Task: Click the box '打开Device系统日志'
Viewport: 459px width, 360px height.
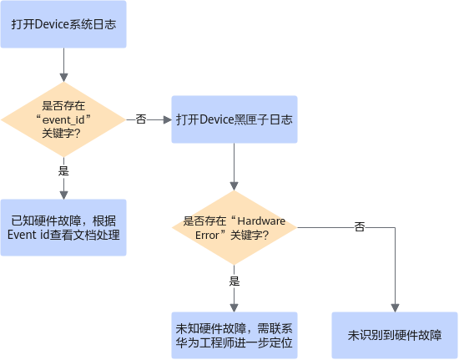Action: tap(63, 24)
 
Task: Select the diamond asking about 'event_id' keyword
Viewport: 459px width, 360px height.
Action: tap(63, 119)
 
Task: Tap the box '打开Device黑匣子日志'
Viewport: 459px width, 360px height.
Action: tap(235, 119)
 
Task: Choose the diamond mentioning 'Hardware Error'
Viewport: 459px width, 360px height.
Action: tap(235, 227)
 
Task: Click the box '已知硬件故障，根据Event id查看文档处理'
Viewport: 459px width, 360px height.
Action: tap(63, 227)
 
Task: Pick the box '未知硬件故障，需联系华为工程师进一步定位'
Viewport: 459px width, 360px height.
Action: tap(235, 336)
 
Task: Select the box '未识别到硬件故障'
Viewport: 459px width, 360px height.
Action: tap(395, 336)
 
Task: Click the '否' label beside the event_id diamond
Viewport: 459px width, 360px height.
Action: tap(141, 119)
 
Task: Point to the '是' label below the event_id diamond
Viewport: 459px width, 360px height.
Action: tap(63, 170)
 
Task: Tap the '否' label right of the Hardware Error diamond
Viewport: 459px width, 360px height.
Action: tap(360, 226)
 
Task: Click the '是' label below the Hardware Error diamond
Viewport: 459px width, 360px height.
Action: tap(235, 281)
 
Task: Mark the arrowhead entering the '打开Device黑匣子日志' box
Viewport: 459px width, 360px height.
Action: tap(168, 119)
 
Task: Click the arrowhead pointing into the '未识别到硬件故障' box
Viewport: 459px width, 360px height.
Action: tap(395, 308)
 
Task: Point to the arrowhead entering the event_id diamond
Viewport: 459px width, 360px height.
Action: tap(63, 78)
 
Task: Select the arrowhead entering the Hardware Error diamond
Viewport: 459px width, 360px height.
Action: tap(234, 186)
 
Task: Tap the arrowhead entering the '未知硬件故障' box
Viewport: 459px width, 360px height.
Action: tap(234, 308)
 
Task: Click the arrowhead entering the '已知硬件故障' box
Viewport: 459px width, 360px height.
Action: tap(63, 195)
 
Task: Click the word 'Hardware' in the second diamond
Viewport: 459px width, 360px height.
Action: tap(261, 221)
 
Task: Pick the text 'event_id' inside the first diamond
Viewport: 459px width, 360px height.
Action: tap(63, 119)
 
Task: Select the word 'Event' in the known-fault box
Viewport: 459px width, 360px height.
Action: tap(20, 235)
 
